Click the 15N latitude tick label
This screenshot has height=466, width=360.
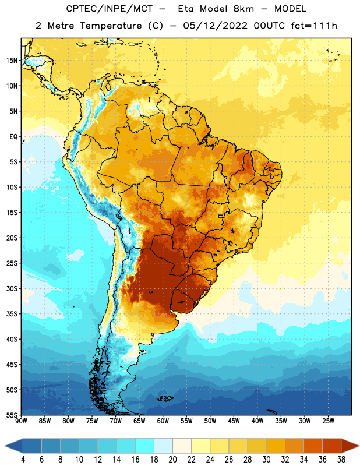(12, 61)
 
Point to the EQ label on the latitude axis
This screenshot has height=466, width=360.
(13, 137)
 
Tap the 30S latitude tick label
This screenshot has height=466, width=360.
(12, 288)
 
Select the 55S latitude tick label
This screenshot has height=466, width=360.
(12, 415)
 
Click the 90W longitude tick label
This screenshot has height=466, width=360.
(22, 421)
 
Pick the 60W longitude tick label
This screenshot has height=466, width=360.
(163, 421)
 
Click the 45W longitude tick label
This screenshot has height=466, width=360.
(234, 421)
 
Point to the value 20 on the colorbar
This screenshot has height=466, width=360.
(172, 460)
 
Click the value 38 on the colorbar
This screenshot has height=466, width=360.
(341, 460)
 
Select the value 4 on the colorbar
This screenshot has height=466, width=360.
(23, 460)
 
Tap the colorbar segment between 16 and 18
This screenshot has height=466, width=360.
(144, 446)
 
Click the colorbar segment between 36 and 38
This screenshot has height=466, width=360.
(332, 446)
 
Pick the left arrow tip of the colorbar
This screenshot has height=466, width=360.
(5, 446)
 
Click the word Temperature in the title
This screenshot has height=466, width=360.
(111, 26)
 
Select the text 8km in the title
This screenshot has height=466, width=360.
(243, 9)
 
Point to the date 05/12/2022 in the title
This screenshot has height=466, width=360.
(215, 26)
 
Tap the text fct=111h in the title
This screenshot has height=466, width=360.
(314, 26)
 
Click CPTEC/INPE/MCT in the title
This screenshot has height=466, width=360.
(110, 9)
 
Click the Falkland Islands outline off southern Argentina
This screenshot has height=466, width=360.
(165, 398)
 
